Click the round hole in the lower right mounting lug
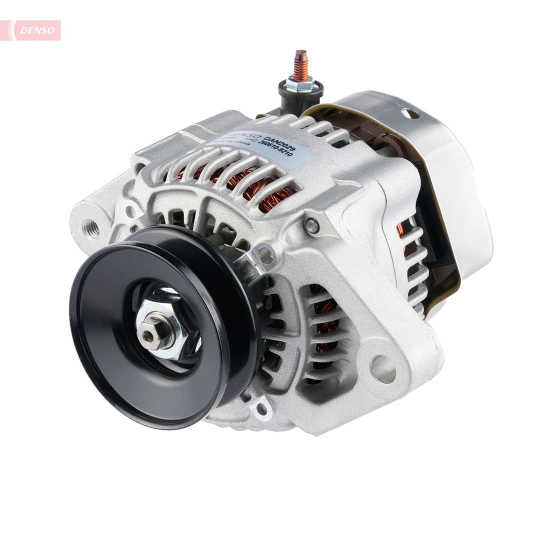tap(383, 369)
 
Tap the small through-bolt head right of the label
tap(312, 225)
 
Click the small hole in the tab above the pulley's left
tap(130, 210)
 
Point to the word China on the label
tap(245, 155)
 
